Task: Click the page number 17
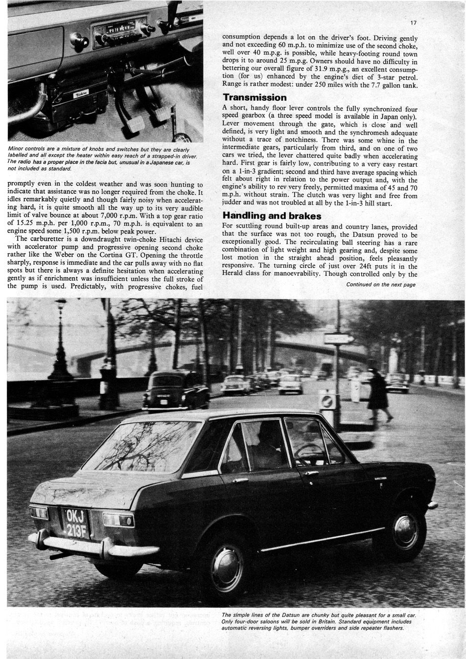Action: coord(414,23)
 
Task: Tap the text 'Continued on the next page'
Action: coord(381,284)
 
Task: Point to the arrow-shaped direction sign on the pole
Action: coord(339,338)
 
